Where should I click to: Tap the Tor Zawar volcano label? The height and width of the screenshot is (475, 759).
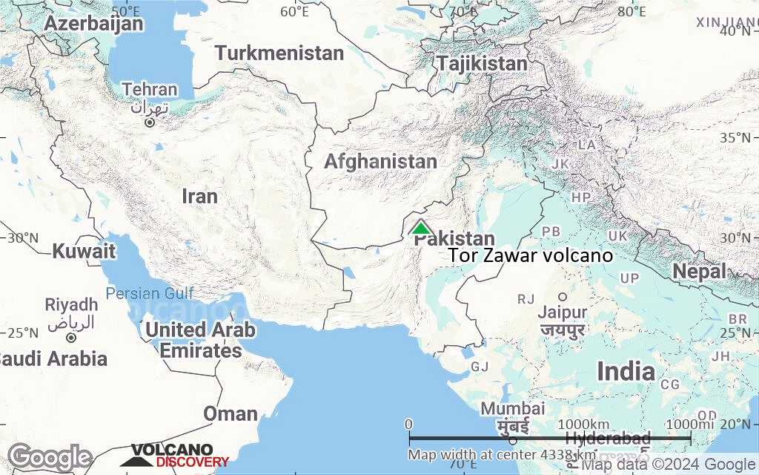point(531,255)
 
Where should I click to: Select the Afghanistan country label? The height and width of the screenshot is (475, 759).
point(380,161)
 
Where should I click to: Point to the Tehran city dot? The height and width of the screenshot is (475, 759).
point(150,122)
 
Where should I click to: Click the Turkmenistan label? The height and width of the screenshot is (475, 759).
point(279,53)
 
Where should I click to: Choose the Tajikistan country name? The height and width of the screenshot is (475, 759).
point(482,63)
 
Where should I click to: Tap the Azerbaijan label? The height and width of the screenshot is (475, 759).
point(93,24)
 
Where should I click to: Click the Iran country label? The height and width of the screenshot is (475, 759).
point(200,196)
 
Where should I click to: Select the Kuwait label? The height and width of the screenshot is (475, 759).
point(84,251)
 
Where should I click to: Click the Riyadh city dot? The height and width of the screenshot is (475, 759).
point(71,337)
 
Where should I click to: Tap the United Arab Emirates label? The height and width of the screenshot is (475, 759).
point(201,340)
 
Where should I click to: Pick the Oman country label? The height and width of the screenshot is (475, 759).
point(231,413)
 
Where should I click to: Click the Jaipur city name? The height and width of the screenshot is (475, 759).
point(563,312)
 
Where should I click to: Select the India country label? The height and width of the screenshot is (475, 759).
point(626,371)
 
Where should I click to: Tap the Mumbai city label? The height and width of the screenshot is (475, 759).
point(512,409)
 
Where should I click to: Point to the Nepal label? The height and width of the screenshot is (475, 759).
point(699,272)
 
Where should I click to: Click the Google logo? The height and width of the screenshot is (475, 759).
point(50,456)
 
